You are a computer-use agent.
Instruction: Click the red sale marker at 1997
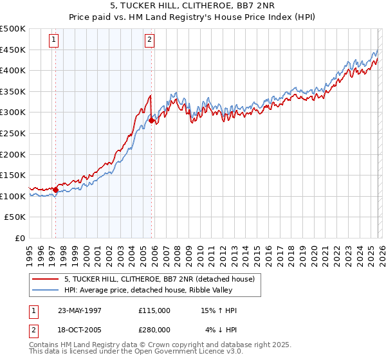click(x=56, y=190)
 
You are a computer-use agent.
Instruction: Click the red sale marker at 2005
click(x=151, y=120)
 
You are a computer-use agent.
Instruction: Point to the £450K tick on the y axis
click(x=14, y=50)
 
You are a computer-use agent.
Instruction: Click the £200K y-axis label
click(x=14, y=154)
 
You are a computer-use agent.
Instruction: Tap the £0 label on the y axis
click(x=19, y=238)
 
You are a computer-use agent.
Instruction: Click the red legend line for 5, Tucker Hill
click(x=46, y=279)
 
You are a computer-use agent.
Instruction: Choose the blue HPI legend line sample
click(x=46, y=289)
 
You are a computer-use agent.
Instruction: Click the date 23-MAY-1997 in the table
click(x=80, y=310)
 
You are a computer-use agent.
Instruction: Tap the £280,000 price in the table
click(x=154, y=330)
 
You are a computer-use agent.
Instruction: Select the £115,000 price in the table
click(x=154, y=310)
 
